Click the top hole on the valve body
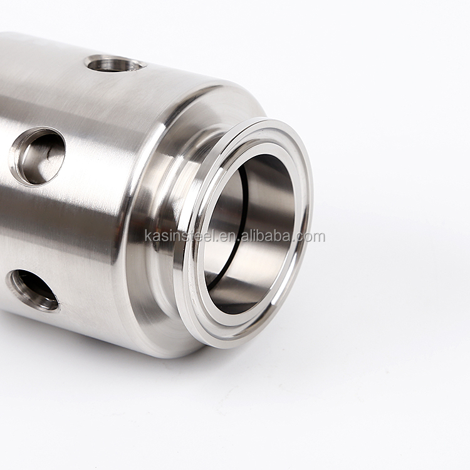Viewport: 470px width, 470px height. (115, 63)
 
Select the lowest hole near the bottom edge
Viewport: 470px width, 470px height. (33, 289)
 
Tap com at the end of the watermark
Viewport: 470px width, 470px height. (312, 237)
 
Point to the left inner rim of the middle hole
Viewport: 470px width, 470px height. (16, 157)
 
